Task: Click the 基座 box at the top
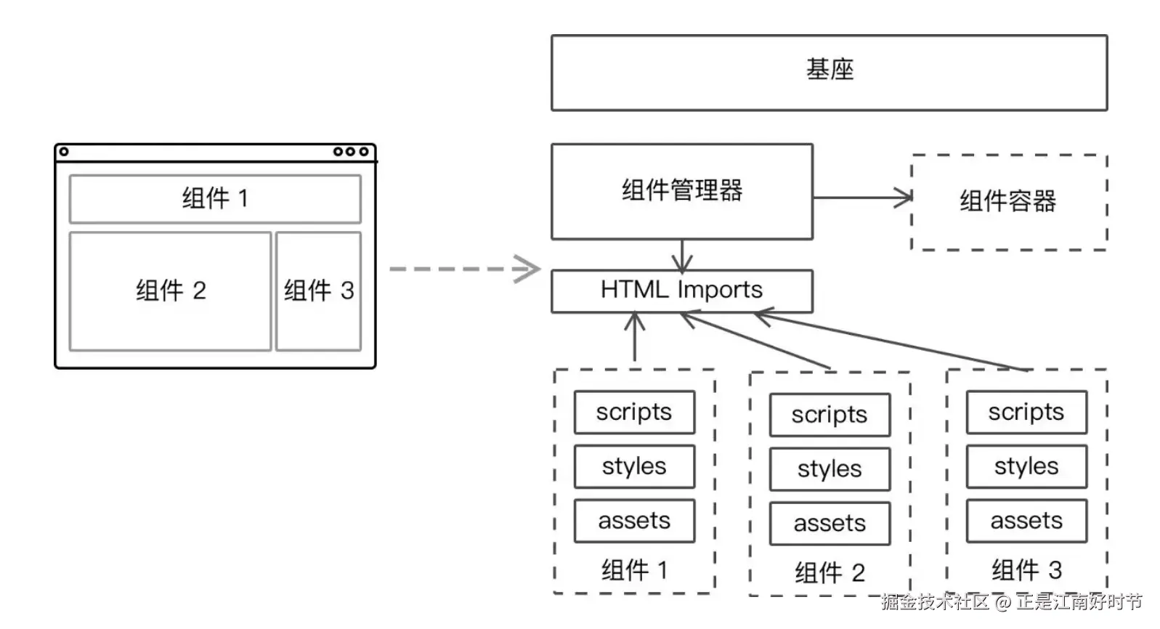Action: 829,73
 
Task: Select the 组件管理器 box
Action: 681,191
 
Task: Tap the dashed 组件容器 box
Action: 1008,202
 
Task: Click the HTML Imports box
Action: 681,291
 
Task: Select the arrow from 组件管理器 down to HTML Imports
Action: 681,255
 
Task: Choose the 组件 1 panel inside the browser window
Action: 215,198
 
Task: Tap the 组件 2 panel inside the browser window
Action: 171,291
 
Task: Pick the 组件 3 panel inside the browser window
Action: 318,291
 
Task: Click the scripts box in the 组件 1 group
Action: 634,412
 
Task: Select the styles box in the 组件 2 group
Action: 830,469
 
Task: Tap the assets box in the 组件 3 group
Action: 1026,521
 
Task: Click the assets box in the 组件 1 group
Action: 634,521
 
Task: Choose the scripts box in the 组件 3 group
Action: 1026,412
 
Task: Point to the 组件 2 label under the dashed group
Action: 830,573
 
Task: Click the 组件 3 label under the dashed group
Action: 1026,570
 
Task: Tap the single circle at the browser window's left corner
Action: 64,152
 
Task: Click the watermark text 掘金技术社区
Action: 936,602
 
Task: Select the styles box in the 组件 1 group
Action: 634,466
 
